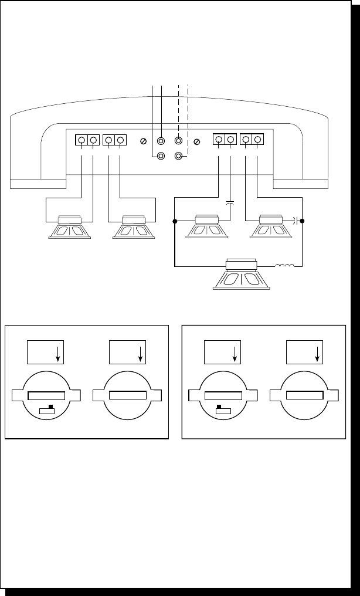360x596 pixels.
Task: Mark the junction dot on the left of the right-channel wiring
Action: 175,222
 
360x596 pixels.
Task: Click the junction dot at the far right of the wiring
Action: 302,221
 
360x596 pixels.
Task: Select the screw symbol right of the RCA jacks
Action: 197,141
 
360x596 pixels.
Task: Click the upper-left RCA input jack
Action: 161,141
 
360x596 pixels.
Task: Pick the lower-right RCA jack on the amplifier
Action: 178,156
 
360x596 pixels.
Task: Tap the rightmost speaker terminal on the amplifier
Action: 257,140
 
